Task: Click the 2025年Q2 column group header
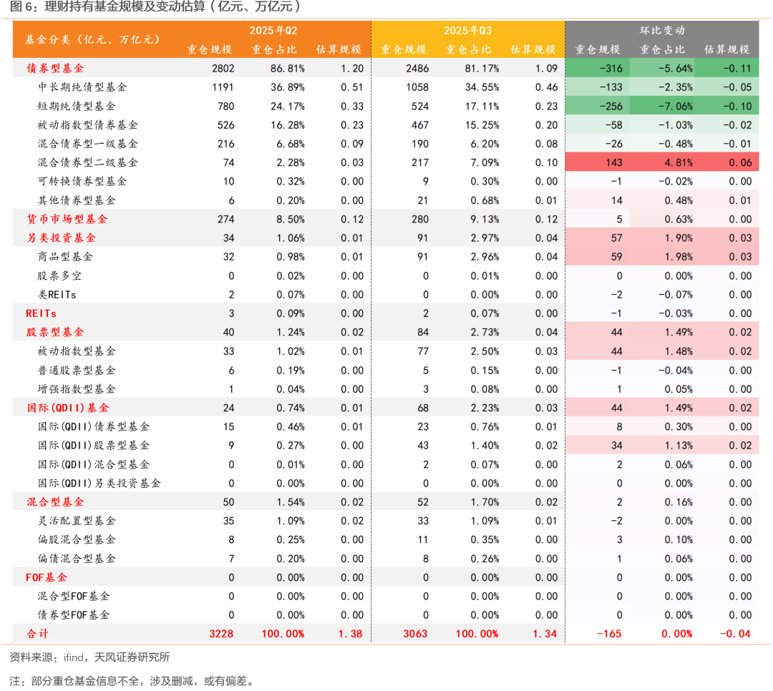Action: coord(273,31)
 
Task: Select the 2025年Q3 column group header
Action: coord(467,31)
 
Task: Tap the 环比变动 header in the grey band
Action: coord(662,31)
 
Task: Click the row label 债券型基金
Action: coord(55,69)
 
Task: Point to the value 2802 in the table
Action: coord(223,69)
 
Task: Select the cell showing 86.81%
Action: coord(288,69)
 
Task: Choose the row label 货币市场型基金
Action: coord(67,220)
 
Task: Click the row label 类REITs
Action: coord(57,295)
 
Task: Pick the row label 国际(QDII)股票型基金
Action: coord(94,446)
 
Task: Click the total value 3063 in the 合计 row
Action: coord(415,634)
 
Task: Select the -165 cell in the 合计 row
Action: coord(609,634)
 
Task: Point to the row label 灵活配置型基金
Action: coord(77,521)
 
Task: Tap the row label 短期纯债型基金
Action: coord(77,107)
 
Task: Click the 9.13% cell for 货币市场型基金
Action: coord(482,220)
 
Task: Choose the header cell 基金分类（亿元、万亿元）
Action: coord(92,40)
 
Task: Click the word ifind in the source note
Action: coord(72,657)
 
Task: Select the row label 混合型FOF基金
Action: coord(74,596)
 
